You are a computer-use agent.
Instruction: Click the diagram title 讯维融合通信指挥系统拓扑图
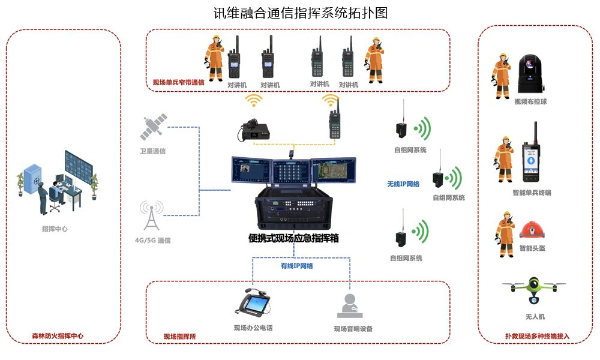[x=301, y=13]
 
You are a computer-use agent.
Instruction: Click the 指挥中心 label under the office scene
[x=55, y=229]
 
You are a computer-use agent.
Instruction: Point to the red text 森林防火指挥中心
[x=58, y=336]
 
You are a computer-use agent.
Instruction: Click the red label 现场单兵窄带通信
[x=178, y=83]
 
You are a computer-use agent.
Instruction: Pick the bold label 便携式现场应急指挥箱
[x=294, y=238]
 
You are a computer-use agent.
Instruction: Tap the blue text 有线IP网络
[x=297, y=265]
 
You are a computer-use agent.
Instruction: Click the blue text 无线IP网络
[x=403, y=184]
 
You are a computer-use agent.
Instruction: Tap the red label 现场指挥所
[x=180, y=336]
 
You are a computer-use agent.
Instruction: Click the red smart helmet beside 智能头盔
[x=532, y=231]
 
